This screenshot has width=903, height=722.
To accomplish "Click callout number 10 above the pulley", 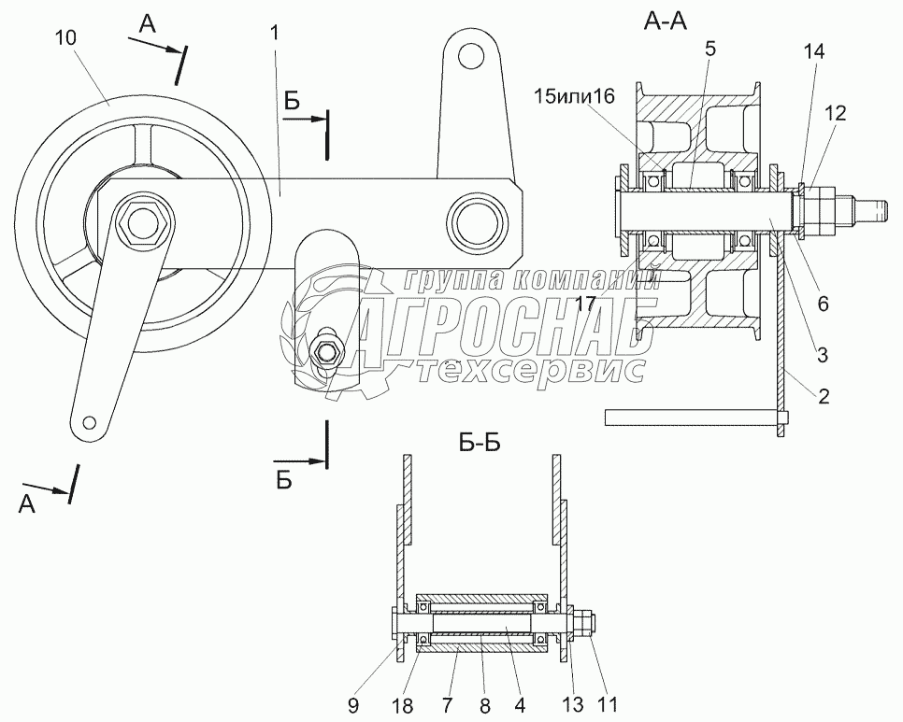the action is click(x=66, y=38).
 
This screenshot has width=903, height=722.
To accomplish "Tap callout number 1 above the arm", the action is click(x=274, y=33).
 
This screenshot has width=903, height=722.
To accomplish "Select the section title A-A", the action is click(x=666, y=21).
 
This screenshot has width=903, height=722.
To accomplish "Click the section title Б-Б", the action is click(x=480, y=443).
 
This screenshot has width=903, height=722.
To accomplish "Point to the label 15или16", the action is click(x=574, y=96).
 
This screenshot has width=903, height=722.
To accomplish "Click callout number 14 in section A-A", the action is click(x=814, y=51).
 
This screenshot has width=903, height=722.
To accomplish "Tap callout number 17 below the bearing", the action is click(x=584, y=304).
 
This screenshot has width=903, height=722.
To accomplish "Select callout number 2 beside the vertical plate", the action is click(x=824, y=396).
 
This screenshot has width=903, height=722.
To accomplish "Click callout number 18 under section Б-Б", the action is click(x=404, y=705).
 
